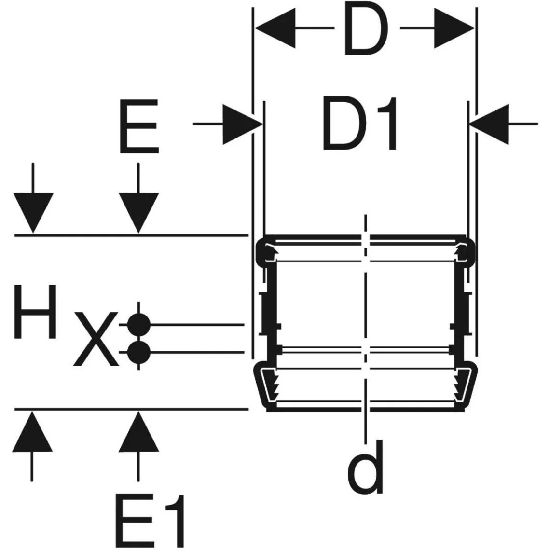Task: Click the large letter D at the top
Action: tap(366, 29)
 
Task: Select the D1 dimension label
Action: tap(360, 124)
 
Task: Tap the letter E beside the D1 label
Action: tap(139, 126)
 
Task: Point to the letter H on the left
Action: tap(35, 312)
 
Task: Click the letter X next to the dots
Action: tap(96, 339)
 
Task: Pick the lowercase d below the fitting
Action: tap(365, 467)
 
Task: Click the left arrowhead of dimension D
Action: tap(275, 28)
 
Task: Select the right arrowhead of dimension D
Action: tap(454, 28)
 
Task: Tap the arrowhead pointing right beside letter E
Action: tap(243, 124)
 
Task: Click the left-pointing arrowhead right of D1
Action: tap(489, 124)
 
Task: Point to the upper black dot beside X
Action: tap(139, 325)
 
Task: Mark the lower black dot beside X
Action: tap(139, 352)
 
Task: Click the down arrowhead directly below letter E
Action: tap(138, 213)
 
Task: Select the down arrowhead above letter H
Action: tap(33, 213)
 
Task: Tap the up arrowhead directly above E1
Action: tap(138, 431)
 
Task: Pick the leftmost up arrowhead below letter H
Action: tap(32, 431)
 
